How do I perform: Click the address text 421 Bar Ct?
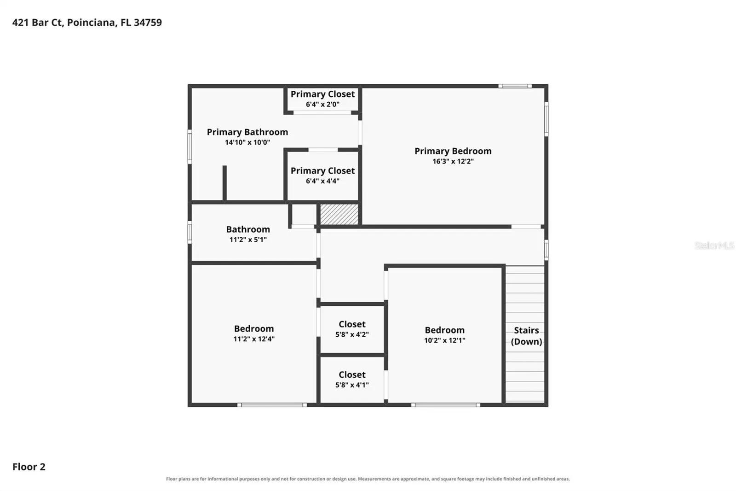[x=37, y=23]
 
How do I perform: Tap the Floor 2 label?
[x=29, y=467]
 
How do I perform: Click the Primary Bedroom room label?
[x=453, y=151]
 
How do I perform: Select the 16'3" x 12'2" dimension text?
[x=453, y=161]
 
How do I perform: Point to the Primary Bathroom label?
[x=247, y=132]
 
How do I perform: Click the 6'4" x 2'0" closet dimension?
[x=322, y=104]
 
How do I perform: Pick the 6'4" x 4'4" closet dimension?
[x=322, y=181]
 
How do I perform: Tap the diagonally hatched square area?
[x=339, y=214]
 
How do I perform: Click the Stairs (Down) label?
[x=526, y=336]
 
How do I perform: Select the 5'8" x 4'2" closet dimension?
[x=352, y=334]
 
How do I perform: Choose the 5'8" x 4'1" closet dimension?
[x=352, y=385]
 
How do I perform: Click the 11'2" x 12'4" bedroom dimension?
[x=253, y=339]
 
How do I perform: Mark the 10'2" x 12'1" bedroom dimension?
[x=444, y=340]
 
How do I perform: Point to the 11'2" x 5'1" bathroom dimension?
[x=248, y=240]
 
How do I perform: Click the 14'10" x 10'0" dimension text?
[x=247, y=142]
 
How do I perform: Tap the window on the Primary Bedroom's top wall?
[x=515, y=86]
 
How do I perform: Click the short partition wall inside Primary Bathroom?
[x=225, y=183]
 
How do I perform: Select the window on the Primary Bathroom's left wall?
[x=190, y=146]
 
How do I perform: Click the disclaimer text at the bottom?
[x=368, y=479]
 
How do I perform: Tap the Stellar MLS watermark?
[x=714, y=245]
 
